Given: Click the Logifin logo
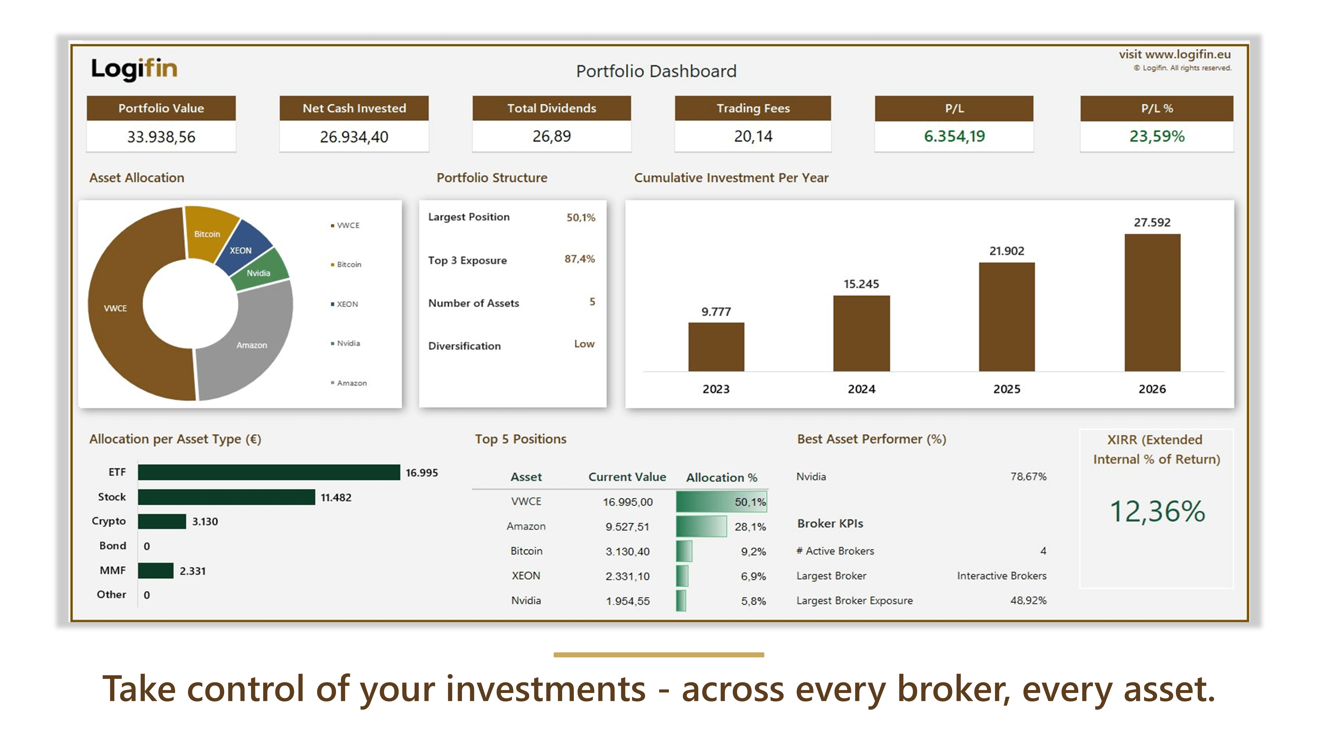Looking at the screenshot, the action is click(134, 69).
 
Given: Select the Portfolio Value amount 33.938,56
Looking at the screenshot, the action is click(161, 137).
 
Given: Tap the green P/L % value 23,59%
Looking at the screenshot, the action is click(1157, 136).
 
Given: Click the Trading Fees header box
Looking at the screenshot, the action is click(753, 108).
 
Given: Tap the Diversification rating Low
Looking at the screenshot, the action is click(584, 344).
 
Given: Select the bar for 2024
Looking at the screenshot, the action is click(862, 333).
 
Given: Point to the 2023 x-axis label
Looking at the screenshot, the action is click(716, 389).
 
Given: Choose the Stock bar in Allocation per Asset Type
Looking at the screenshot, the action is click(227, 497).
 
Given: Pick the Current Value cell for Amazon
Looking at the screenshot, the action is click(627, 526).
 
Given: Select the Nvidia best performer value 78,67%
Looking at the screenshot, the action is click(1028, 476).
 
